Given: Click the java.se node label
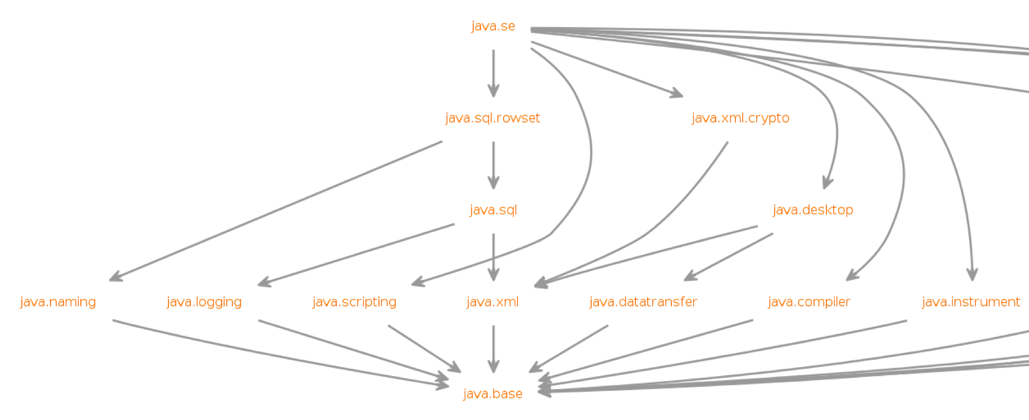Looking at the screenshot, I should pyautogui.click(x=493, y=26).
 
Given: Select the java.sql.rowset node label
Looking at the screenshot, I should pyautogui.click(x=492, y=118).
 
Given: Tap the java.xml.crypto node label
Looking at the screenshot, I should pyautogui.click(x=740, y=118).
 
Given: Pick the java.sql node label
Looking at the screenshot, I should pyautogui.click(x=493, y=210).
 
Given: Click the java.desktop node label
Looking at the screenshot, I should pyautogui.click(x=812, y=210).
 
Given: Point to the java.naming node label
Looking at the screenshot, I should pyautogui.click(x=58, y=302).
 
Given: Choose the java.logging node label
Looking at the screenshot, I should pyautogui.click(x=204, y=302).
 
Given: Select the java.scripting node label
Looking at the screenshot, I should pyautogui.click(x=354, y=302).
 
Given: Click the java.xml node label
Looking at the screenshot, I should pyautogui.click(x=492, y=302).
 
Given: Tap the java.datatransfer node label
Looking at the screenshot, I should pyautogui.click(x=643, y=302).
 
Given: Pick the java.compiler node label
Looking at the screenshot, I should pyautogui.click(x=808, y=302).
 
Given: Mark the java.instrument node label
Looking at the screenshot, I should pyautogui.click(x=971, y=302).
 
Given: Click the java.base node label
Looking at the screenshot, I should pyautogui.click(x=492, y=394).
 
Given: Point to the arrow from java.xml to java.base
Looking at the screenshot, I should pyautogui.click(x=493, y=349).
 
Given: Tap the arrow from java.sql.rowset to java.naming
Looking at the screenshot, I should pyautogui.click(x=275, y=211).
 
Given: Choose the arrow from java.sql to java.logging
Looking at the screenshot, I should pyautogui.click(x=356, y=254).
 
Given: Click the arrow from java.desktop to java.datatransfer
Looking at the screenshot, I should pyautogui.click(x=729, y=257).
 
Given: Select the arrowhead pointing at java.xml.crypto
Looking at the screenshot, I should pyautogui.click(x=676, y=94).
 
